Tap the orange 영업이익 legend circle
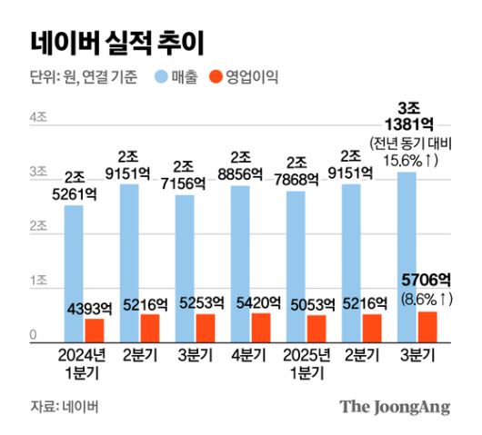tap(221, 77)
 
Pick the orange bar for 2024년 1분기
tap(95, 328)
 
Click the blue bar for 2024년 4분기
tap(240, 262)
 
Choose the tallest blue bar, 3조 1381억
tap(407, 255)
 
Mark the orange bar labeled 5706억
tap(427, 324)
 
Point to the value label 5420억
tap(259, 303)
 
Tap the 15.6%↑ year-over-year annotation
tap(412, 160)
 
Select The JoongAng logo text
tap(395, 406)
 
